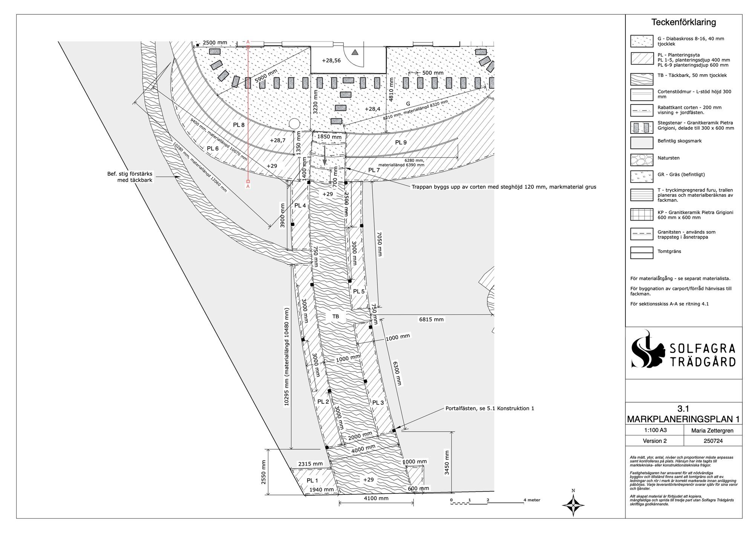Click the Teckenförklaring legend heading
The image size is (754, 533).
click(x=684, y=22)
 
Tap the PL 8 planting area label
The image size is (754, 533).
click(x=239, y=125)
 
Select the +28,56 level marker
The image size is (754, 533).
click(x=331, y=60)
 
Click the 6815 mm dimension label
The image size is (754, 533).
click(x=431, y=319)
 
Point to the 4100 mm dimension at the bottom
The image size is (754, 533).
click(x=376, y=498)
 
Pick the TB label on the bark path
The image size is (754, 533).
click(x=336, y=316)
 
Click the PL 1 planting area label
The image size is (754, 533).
click(x=312, y=480)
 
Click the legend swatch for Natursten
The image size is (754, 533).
click(x=642, y=160)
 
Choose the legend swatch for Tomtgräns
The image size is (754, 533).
click(x=642, y=253)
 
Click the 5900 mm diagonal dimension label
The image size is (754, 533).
click(x=266, y=76)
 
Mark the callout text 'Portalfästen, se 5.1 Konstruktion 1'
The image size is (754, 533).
click(x=490, y=408)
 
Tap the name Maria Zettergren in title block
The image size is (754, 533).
click(x=713, y=430)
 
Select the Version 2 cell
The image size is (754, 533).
click(x=654, y=441)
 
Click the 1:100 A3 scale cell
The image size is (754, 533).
click(x=654, y=430)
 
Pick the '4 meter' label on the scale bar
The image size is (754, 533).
click(x=532, y=500)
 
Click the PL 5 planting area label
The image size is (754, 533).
click(x=359, y=291)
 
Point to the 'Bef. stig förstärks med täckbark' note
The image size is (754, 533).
click(x=130, y=177)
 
